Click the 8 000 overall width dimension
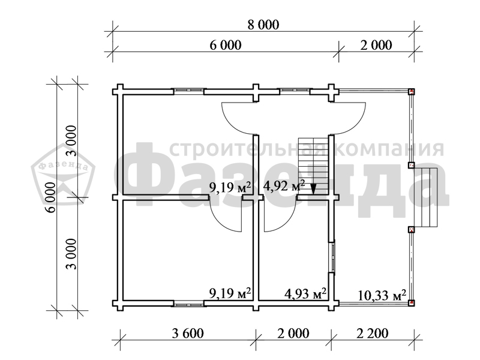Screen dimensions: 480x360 tap(263, 25)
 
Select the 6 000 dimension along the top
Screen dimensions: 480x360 tap(226, 45)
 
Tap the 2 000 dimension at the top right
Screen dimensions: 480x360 tap(376, 45)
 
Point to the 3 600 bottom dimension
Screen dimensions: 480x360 tap(188, 333)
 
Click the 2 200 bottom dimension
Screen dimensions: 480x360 tap(373, 333)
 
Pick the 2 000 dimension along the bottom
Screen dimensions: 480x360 tap(293, 333)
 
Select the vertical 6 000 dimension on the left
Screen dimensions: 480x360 tap(51, 197)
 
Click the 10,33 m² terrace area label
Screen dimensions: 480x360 tap(382, 295)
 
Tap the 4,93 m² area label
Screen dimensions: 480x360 tap(305, 293)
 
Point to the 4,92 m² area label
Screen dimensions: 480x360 tap(284, 185)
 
